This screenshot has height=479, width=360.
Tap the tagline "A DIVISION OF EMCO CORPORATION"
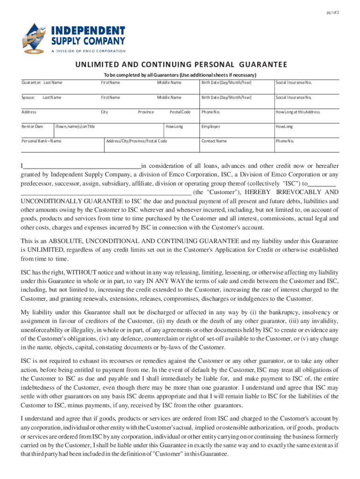click(x=88, y=51)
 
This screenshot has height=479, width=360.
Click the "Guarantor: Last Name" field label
click(x=42, y=83)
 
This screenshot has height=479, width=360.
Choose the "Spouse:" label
click(x=29, y=98)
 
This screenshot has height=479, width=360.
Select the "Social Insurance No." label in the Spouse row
click(x=294, y=98)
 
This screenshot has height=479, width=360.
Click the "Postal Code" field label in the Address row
click(x=180, y=112)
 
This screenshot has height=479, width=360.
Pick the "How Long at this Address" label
click(x=298, y=112)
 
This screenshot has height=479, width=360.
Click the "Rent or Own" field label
click(x=32, y=127)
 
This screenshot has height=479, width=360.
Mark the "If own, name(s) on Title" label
click(x=75, y=127)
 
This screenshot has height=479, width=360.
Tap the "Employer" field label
click(x=211, y=127)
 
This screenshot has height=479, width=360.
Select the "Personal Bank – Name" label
click(x=42, y=141)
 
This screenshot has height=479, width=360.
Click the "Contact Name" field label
click(x=214, y=141)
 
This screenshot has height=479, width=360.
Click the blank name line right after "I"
click(x=82, y=166)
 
